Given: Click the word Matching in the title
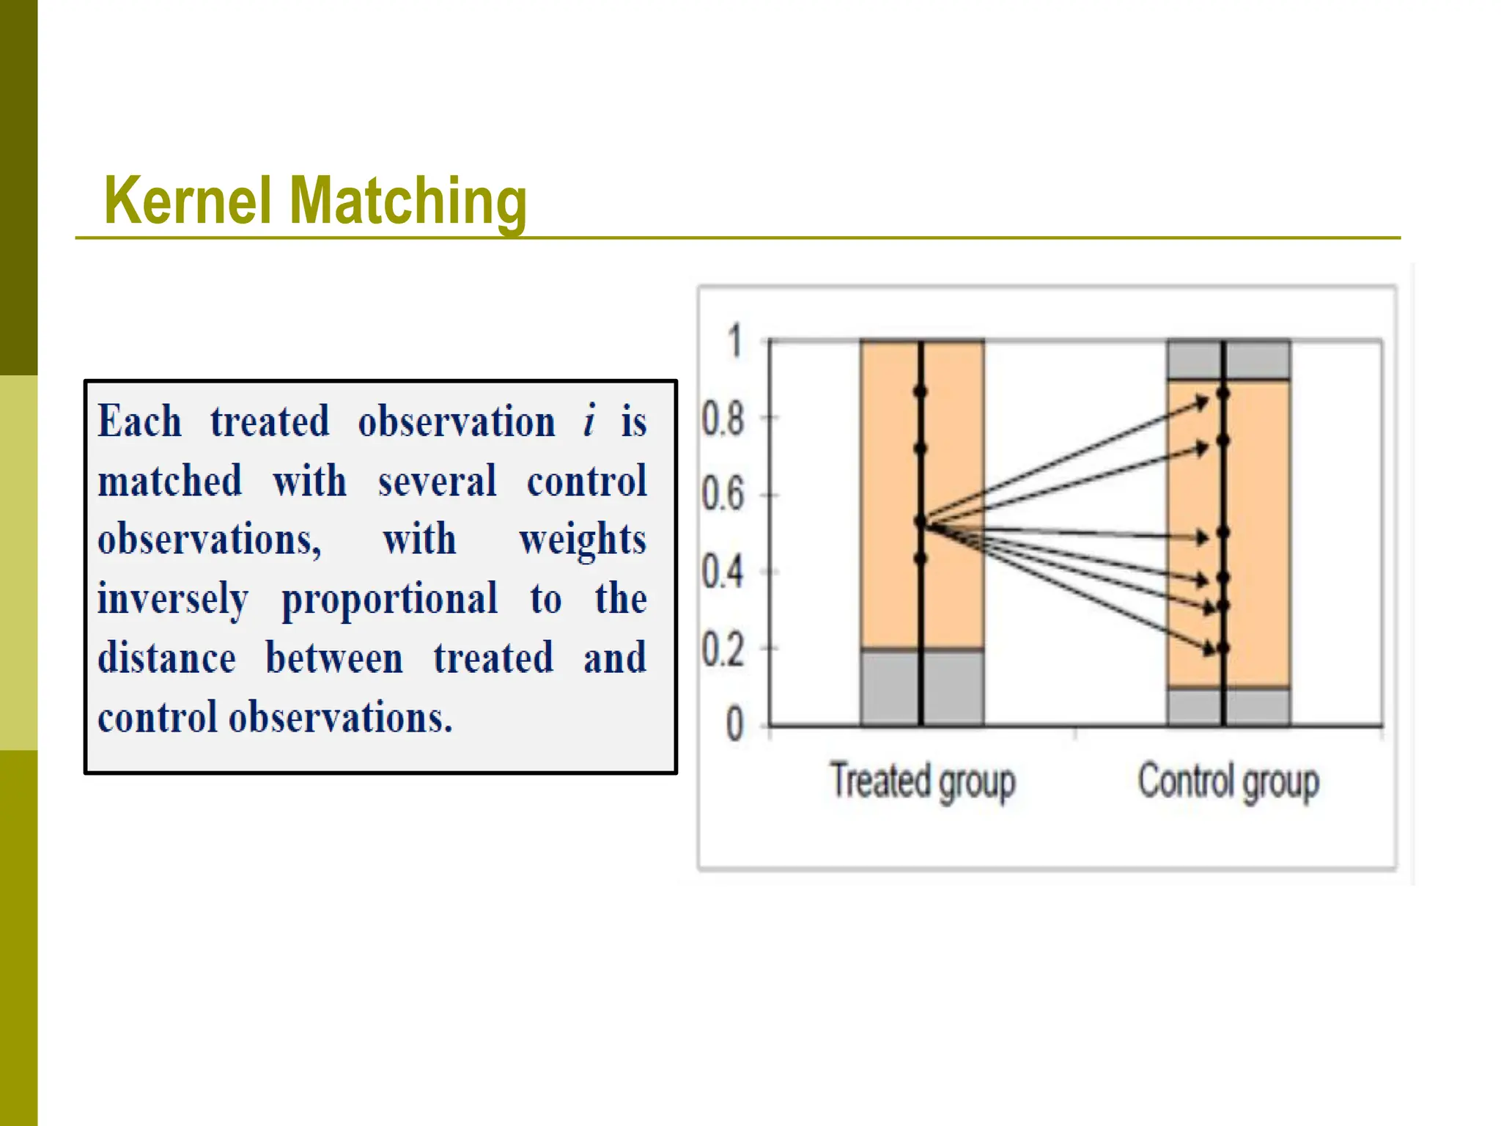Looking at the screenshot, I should pos(408,202).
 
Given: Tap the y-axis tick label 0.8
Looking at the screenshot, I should pos(722,419).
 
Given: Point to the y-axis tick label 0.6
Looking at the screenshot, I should pos(722,494).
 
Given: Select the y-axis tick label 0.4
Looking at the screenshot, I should pos(722,572).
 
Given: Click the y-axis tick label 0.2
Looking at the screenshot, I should pos(722,650).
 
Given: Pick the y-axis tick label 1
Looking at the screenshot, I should pos(734,342).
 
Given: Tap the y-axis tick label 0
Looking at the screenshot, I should pos(734,725).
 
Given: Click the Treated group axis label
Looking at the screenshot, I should pos(923,781).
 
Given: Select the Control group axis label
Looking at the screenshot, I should pos(1228,781).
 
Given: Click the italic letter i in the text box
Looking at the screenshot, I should pos(589,421).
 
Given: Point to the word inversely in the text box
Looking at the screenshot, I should pos(173,599).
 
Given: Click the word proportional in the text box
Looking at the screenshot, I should pos(390,599).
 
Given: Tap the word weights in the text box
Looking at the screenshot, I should pos(583,540).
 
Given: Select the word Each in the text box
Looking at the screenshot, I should pos(139,422).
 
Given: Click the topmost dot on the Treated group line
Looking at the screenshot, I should pos(921,391).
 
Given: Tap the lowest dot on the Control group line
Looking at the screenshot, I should pos(1222,648).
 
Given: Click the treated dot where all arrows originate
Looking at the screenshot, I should pos(921,521).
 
